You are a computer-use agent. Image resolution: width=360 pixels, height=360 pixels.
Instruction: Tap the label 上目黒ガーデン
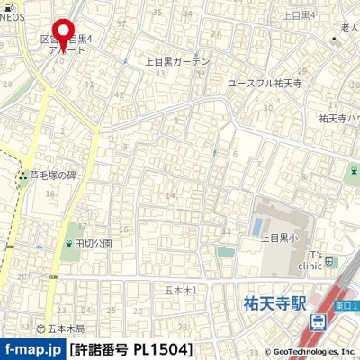click(177, 62)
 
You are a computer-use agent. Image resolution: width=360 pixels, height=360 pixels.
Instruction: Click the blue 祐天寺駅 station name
click(276, 304)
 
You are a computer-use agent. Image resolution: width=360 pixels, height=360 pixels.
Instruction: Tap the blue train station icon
click(318, 323)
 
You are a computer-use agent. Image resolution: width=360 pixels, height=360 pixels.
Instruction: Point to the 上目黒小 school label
click(279, 238)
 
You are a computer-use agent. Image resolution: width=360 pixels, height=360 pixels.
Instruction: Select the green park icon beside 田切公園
click(68, 244)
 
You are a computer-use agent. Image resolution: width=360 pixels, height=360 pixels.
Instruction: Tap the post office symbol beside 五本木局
click(40, 328)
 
